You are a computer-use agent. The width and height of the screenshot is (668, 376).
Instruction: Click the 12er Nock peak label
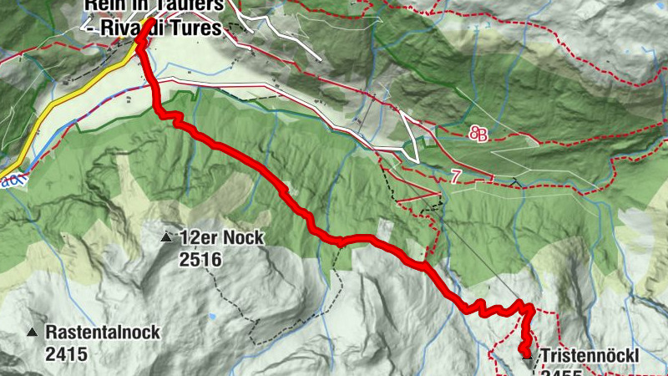click(x=221, y=238)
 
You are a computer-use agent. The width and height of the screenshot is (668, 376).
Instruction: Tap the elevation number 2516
click(x=200, y=260)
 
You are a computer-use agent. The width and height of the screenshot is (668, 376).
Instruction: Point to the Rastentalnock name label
click(x=103, y=332)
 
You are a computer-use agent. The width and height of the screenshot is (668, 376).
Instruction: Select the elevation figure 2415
click(x=66, y=354)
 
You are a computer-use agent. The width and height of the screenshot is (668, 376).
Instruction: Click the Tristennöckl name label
click(x=589, y=356)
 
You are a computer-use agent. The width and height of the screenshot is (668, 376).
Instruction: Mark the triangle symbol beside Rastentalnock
click(x=32, y=333)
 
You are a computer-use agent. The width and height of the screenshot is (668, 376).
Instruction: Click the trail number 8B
click(x=478, y=134)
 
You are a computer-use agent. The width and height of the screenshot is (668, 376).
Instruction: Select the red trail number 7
click(x=454, y=176)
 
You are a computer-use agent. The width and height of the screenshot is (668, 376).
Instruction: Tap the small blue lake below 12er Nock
click(x=211, y=318)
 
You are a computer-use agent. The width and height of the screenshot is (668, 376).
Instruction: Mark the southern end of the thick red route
click(x=525, y=349)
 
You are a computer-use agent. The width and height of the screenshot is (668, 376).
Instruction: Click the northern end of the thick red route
click(x=149, y=22)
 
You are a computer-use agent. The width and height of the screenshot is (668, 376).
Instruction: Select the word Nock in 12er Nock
click(x=244, y=238)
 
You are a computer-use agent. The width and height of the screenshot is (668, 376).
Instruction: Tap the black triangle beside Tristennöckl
click(x=527, y=357)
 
